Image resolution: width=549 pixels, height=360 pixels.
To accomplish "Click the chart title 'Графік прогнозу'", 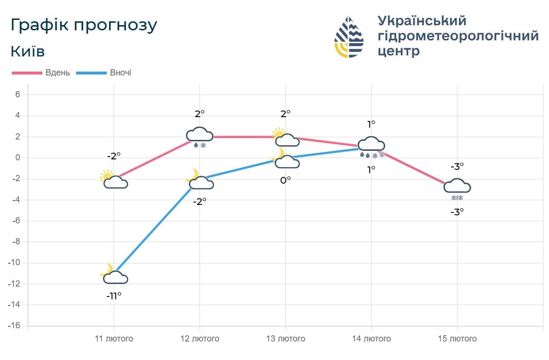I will [84, 26].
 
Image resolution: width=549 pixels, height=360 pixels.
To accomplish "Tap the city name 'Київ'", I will [28, 51].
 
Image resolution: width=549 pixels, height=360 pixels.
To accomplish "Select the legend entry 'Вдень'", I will [57, 73].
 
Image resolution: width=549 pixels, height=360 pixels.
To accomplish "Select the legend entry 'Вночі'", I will [120, 73].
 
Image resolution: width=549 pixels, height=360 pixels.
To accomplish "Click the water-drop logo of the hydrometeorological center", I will [349, 37].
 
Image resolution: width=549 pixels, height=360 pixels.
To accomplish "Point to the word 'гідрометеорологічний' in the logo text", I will [458, 36].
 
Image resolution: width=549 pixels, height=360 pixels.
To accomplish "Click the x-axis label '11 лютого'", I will [114, 339].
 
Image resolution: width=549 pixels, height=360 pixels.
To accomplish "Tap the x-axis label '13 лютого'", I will [285, 339].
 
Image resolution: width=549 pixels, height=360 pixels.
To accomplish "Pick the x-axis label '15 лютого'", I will [457, 339].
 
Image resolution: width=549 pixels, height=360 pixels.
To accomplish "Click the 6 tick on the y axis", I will [18, 94].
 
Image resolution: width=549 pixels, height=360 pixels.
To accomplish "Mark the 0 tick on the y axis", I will [18, 157].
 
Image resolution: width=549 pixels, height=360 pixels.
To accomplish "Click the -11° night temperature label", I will [114, 295].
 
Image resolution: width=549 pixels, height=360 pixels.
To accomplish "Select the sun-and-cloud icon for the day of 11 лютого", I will [114, 180].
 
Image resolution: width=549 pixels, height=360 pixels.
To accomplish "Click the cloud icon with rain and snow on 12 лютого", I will [199, 137].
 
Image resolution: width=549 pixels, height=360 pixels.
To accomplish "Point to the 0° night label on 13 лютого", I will [285, 180].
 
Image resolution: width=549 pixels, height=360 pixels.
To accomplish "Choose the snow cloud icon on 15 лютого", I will [457, 188].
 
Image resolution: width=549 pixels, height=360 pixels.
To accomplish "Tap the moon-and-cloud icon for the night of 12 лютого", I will [199, 180].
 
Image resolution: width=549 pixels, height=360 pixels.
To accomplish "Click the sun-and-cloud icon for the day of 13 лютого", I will [285, 138].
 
